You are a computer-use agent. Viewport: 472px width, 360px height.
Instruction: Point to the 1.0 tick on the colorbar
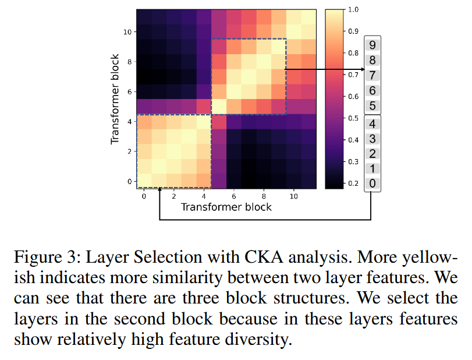coord(350,9)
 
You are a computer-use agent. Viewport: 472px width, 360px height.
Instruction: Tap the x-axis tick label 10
coord(293,196)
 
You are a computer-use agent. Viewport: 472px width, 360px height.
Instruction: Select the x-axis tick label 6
coord(233,196)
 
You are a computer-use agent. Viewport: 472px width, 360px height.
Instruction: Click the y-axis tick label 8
coord(130,61)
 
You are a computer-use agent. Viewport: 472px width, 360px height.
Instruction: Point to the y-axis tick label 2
coord(130,151)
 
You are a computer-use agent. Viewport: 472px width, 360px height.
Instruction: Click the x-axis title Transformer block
coord(226,207)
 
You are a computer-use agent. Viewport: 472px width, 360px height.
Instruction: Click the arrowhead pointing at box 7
coord(360,69)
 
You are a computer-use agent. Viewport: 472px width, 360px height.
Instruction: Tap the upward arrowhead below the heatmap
coord(159,191)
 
